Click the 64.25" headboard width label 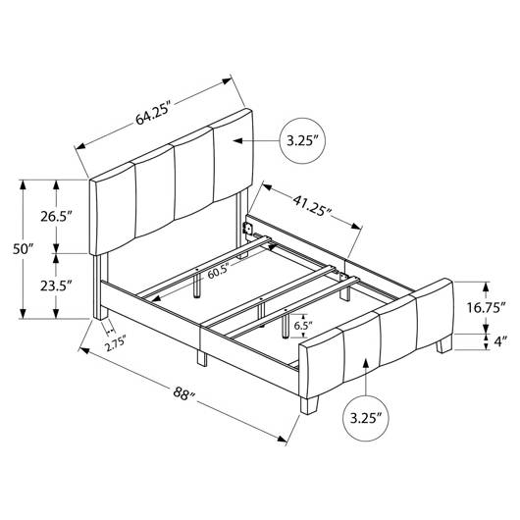(152, 115)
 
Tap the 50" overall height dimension (24, 248)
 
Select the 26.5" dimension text (56, 217)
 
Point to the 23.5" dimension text (56, 286)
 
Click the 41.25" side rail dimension (312, 206)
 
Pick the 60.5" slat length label (219, 273)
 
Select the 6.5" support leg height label (303, 326)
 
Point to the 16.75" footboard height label (487, 308)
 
